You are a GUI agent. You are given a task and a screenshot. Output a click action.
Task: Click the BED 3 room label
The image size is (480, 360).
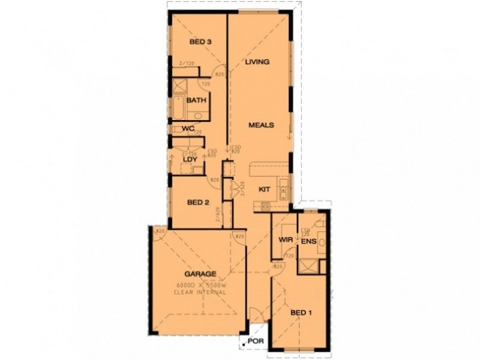(200, 42)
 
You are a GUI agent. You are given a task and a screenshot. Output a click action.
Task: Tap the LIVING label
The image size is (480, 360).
(257, 62)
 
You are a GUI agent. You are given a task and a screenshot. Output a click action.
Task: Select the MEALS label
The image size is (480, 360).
(262, 125)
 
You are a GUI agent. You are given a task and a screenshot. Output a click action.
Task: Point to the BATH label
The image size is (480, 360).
(196, 101)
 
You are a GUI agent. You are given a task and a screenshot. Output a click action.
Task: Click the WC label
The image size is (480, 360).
(188, 128)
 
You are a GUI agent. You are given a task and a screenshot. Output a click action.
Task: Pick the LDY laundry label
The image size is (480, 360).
(190, 160)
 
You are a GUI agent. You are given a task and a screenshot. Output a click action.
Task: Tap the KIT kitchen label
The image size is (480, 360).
(264, 190)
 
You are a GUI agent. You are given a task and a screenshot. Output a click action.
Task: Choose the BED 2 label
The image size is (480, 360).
(198, 203)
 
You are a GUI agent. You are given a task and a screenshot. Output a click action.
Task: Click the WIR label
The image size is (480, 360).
(285, 241)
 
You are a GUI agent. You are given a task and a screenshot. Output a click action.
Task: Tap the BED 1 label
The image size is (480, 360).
(301, 313)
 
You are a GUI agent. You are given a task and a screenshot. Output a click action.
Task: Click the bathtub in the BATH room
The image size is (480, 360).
(177, 108)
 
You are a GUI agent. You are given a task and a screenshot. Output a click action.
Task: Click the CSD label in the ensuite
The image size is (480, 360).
(305, 230)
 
